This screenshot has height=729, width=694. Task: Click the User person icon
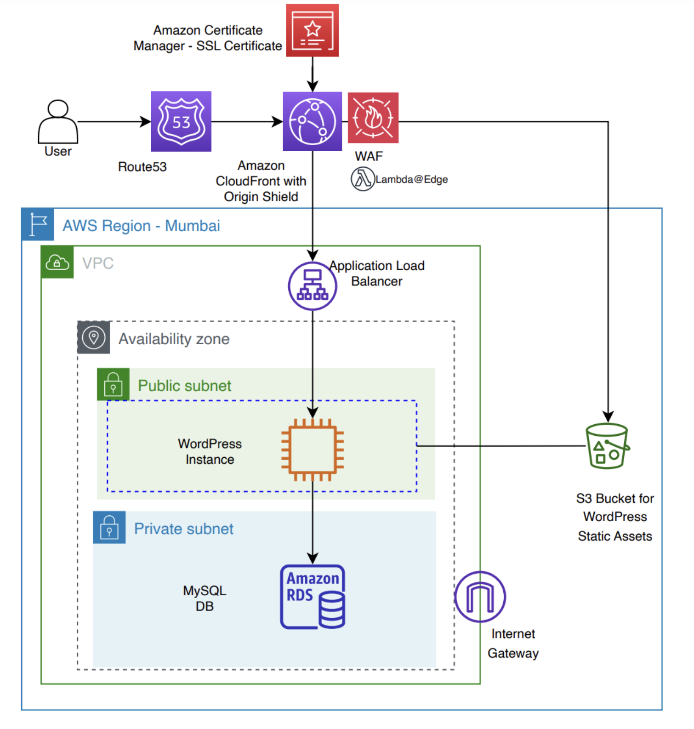[x=58, y=122]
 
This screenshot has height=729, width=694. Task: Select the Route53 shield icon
[x=181, y=121]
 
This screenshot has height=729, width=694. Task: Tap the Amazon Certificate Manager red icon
[x=312, y=30]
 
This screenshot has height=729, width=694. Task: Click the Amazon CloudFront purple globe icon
[x=312, y=121]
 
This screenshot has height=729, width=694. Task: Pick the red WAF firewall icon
[x=373, y=118]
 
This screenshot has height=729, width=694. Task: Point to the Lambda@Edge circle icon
[x=363, y=179]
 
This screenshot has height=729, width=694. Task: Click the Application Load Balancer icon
[x=312, y=286]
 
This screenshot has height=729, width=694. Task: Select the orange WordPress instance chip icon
[x=313, y=450]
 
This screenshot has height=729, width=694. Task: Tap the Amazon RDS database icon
[x=313, y=597]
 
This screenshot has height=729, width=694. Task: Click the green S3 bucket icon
[x=607, y=446]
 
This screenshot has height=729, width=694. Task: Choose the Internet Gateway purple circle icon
[x=480, y=597]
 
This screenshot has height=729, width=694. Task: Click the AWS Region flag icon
[x=38, y=224]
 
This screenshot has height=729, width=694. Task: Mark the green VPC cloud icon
[x=57, y=262]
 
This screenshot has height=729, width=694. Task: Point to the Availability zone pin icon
[x=94, y=338]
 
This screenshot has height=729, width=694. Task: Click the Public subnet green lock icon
[x=113, y=384]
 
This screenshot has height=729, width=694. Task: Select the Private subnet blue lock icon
[x=109, y=527]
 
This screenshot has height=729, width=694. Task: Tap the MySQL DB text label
[x=205, y=598]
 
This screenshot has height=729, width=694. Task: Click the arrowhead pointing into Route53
[x=146, y=122]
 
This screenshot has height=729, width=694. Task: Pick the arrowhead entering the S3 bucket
[x=608, y=417]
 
